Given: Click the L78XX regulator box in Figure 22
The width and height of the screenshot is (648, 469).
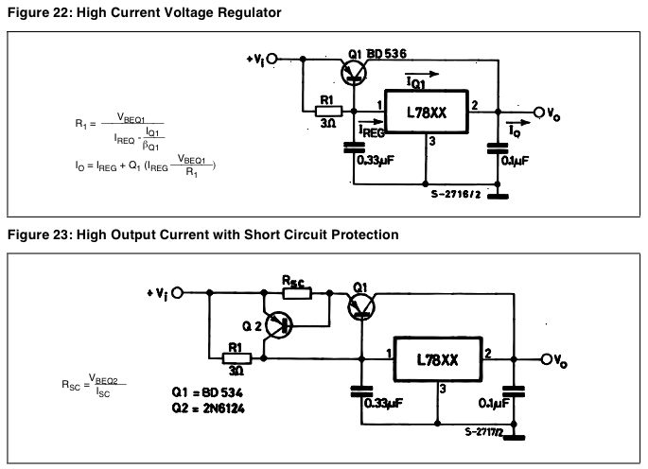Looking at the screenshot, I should tap(425, 113).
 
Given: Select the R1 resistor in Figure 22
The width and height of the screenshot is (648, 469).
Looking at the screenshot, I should tap(327, 112).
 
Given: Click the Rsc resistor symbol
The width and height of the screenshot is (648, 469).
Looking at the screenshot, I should tap(294, 293).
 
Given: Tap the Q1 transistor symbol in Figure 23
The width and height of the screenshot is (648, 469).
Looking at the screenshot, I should tap(361, 304).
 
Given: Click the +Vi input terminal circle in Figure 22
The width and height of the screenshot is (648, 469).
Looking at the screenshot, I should tap(273, 58).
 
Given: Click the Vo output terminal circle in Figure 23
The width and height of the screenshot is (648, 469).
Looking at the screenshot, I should tap(547, 359).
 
